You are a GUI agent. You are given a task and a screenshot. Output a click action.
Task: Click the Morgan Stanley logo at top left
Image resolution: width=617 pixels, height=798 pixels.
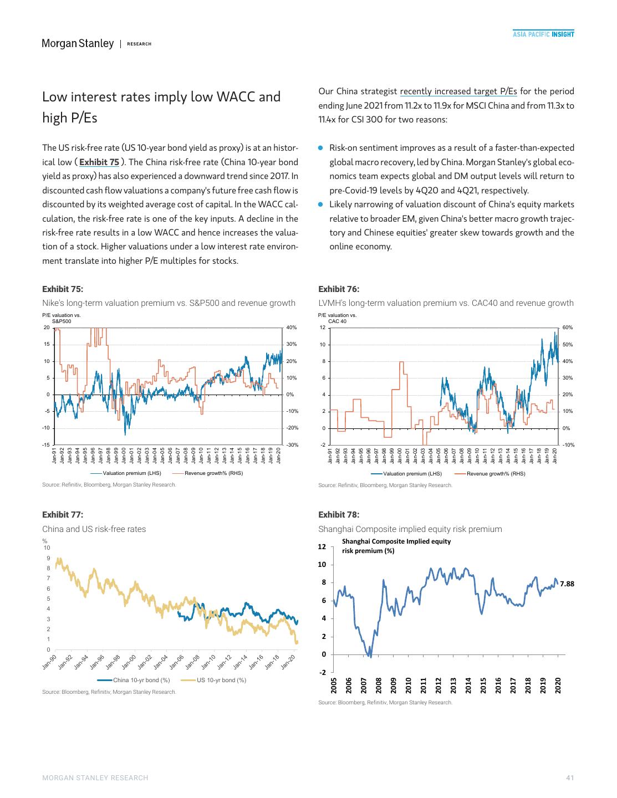coord(78,43)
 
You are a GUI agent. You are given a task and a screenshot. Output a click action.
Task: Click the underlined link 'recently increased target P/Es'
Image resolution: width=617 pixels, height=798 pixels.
coord(458,91)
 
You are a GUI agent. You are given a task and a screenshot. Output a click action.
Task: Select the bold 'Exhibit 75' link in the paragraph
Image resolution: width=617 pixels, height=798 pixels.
coord(99,162)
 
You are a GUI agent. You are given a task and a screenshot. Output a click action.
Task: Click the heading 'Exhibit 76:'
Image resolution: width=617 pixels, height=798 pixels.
coord(339,289)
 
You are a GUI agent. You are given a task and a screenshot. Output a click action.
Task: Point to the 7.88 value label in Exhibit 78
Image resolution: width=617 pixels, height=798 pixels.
coord(567,584)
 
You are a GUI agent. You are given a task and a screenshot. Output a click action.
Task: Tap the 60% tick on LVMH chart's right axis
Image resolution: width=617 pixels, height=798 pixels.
coord(568,328)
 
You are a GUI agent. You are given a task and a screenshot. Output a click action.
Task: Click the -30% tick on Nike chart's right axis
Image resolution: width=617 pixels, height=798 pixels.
coord(292,445)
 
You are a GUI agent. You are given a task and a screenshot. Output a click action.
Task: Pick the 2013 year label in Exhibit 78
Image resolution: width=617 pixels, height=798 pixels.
coord(453,684)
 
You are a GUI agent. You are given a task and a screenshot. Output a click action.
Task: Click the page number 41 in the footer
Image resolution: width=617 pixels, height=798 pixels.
coord(569,778)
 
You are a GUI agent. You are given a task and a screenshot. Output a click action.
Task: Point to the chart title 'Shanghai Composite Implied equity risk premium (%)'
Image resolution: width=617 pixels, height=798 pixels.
coord(396,546)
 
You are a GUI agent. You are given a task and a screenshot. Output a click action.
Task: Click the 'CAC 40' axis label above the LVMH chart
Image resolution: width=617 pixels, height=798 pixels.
coord(337,321)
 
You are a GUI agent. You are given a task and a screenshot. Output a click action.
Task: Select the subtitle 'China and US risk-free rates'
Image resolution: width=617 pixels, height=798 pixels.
coord(94,529)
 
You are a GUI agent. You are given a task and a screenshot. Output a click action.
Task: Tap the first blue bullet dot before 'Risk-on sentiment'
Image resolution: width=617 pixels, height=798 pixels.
coord(320,148)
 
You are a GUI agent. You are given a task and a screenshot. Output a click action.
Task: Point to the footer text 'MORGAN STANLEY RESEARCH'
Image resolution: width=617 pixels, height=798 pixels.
coord(95,778)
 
